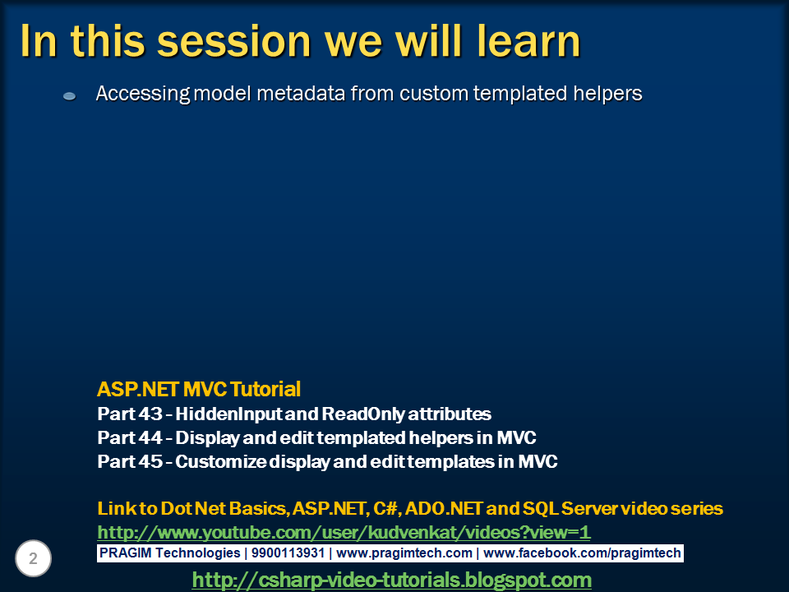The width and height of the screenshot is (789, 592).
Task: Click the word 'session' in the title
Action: [234, 41]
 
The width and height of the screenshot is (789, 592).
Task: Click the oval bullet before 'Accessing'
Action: [69, 95]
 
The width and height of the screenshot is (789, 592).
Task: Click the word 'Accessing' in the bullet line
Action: [143, 94]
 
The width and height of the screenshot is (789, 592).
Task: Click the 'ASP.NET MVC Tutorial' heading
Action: [199, 389]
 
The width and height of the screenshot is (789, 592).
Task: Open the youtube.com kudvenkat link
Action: [344, 532]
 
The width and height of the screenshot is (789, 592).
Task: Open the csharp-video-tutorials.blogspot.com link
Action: [391, 580]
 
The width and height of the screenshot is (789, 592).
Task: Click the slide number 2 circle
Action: [33, 558]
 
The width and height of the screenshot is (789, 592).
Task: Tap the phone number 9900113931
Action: [288, 553]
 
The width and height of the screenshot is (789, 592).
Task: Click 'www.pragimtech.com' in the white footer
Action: [404, 553]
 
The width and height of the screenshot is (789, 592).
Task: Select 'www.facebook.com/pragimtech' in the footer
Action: [582, 553]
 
